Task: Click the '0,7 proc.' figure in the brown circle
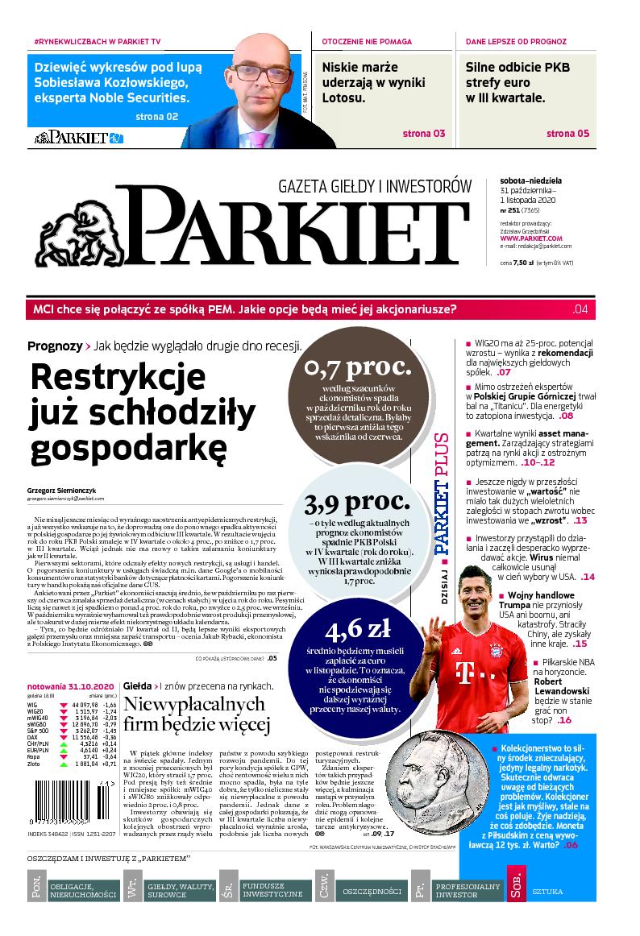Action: click(357, 370)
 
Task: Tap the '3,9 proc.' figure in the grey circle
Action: click(358, 505)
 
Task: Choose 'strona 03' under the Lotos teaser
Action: click(424, 133)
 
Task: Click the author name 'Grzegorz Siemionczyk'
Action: click(60, 490)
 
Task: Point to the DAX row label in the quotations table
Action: click(32, 736)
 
